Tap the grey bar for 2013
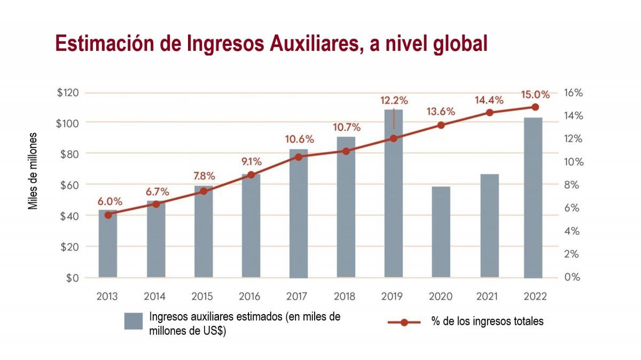pos(108,246)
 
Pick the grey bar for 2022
pos(533,198)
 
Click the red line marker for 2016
pos(251,175)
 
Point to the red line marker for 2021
pos(489,113)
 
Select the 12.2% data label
pos(394,100)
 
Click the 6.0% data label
pos(110,202)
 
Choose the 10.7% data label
pos(347,128)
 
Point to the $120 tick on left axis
pos(68,93)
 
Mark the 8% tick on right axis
pos(572,185)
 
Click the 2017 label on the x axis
pos(298,296)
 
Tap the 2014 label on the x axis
pos(155,296)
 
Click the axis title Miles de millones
pos(33,171)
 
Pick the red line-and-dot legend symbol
pos(404,322)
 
